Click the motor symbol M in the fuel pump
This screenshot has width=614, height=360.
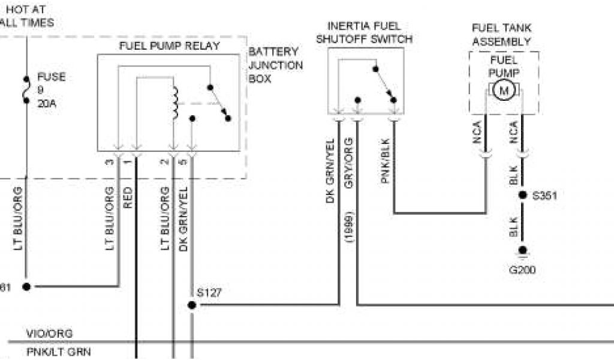pyautogui.click(x=504, y=91)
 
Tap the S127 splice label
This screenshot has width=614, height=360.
pyautogui.click(x=209, y=293)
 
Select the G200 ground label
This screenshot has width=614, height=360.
pyautogui.click(x=522, y=270)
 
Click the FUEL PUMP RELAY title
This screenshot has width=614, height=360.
pyautogui.click(x=170, y=46)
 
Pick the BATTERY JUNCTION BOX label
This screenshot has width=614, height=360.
pyautogui.click(x=275, y=65)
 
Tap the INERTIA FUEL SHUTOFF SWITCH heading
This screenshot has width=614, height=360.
pyautogui.click(x=365, y=32)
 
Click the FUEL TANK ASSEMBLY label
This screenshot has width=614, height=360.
pyautogui.click(x=501, y=35)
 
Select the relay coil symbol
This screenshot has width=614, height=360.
pyautogui.click(x=176, y=103)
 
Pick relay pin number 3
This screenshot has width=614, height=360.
pyautogui.click(x=109, y=161)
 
